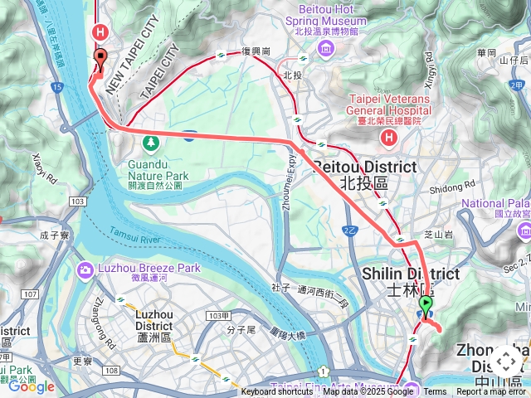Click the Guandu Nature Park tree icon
150,143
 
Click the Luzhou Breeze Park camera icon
85,269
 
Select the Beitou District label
363,173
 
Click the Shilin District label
411,281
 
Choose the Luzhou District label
153,320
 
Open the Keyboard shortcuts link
277,392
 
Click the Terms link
435,392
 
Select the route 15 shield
56,86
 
